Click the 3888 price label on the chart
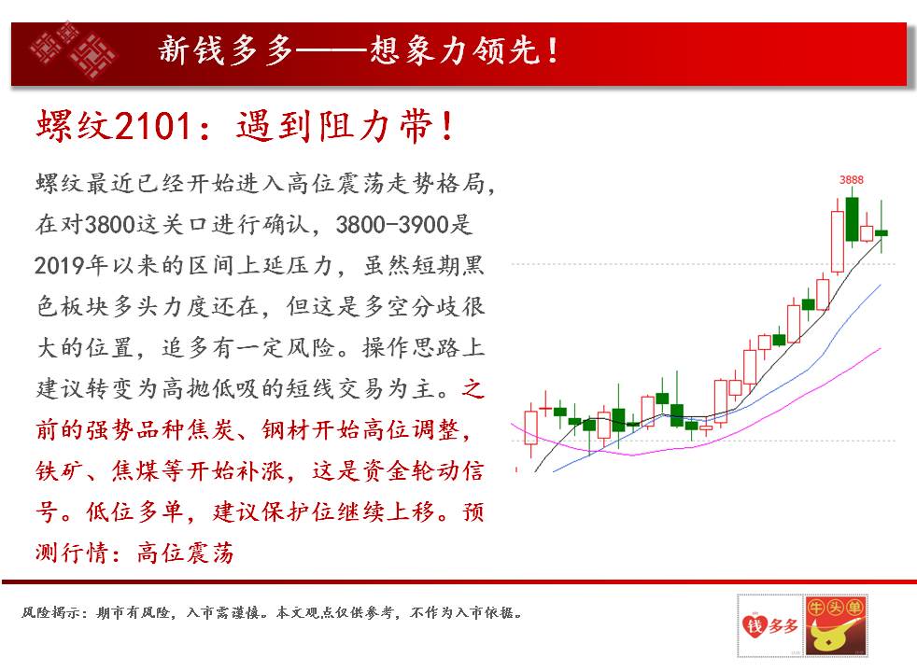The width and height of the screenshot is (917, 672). tap(851, 180)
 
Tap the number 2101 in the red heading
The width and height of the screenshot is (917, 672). tap(153, 125)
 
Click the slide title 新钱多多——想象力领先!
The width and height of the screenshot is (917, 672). tap(358, 50)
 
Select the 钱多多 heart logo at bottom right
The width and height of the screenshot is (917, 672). tap(770, 625)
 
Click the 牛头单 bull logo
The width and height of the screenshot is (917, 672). tap(835, 625)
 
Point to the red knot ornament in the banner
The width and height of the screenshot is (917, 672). tap(73, 50)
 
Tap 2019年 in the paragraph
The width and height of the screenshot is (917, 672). tap(70, 265)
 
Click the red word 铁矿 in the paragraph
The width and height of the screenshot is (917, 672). tap(59, 470)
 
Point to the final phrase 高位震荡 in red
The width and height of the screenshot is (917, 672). tap(185, 553)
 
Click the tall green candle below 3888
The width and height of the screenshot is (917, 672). tap(852, 218)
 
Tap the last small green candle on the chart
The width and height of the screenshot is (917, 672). tap(882, 232)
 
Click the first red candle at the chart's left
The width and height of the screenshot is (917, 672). tap(531, 428)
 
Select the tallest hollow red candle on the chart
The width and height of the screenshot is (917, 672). tap(838, 242)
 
